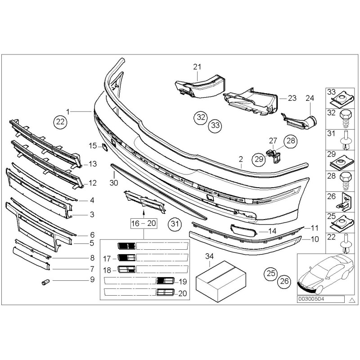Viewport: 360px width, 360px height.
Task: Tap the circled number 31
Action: point(174,223)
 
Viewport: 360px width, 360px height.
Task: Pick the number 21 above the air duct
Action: point(196,67)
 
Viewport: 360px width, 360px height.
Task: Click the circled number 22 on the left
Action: point(60,121)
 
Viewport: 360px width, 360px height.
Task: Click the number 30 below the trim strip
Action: point(114,183)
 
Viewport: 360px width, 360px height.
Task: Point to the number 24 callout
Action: point(310,98)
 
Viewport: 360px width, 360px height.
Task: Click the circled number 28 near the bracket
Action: point(291,141)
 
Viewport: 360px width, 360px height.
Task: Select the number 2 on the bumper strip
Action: point(241,159)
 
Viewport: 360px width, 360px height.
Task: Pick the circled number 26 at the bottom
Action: point(284,281)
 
